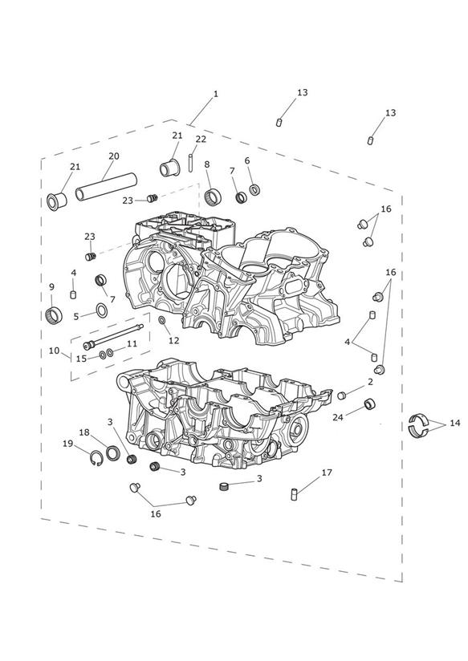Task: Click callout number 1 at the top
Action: tap(216, 94)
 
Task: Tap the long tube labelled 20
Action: tap(106, 187)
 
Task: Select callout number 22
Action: tap(201, 139)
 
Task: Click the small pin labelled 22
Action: tap(191, 163)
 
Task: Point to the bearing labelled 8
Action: tap(213, 196)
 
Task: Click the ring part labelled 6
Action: tap(254, 189)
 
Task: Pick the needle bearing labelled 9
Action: tap(54, 314)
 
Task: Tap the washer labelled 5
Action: tap(101, 310)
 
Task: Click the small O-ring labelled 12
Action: tap(162, 321)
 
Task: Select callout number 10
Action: tap(54, 351)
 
